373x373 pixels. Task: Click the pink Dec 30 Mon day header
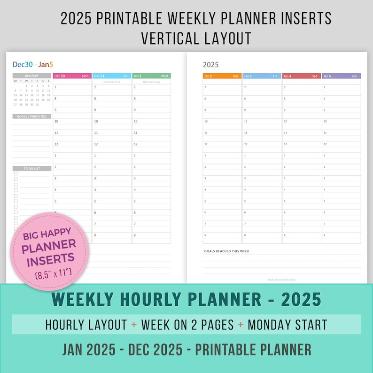72,76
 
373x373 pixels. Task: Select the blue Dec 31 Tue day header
112,76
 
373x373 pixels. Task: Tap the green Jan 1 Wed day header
151,76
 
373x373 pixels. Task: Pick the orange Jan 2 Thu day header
222,76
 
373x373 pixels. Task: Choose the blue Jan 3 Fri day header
262,76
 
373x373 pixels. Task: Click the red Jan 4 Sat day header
302,76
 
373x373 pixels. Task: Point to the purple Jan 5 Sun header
342,76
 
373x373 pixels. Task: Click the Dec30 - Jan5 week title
33,64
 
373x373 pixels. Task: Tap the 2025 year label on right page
210,65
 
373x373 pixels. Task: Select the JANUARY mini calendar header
31,76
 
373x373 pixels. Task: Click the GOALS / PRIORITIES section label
31,116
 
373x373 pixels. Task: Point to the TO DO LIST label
31,168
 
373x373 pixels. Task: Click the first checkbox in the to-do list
16,174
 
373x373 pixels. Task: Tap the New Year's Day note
151,82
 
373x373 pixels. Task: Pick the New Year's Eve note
112,82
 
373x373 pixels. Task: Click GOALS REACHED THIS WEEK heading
226,251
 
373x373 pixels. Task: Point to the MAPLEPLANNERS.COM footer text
282,280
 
